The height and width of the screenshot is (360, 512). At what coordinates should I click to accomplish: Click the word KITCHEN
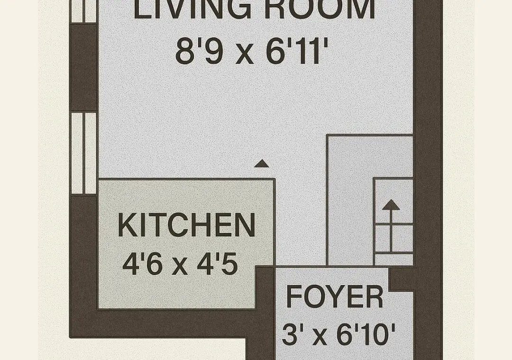click(x=186, y=225)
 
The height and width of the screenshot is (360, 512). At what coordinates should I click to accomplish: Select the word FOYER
click(x=335, y=297)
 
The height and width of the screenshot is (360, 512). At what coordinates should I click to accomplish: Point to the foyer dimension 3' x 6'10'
click(x=338, y=334)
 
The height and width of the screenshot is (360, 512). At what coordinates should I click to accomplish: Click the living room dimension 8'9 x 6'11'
click(x=251, y=51)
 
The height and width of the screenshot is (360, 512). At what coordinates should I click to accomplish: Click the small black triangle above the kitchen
click(x=262, y=163)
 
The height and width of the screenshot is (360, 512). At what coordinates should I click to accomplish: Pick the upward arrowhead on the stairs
click(x=391, y=205)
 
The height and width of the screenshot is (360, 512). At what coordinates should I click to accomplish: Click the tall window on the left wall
click(x=83, y=153)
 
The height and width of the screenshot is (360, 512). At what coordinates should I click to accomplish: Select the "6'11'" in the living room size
click(x=297, y=51)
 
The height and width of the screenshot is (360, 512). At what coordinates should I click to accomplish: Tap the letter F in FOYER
click(x=294, y=297)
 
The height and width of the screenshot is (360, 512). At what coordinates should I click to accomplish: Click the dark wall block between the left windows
click(x=83, y=67)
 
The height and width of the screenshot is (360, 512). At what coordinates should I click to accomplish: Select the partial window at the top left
click(x=83, y=11)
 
